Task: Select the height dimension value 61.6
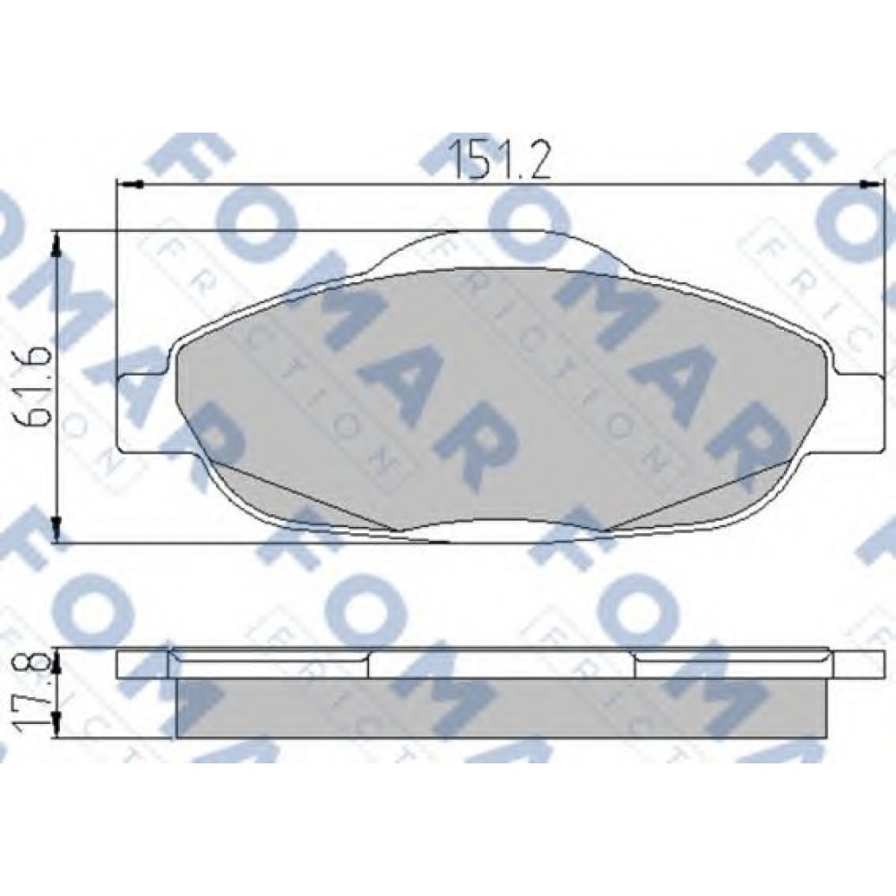pyautogui.click(x=33, y=386)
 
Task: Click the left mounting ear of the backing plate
pyautogui.click(x=142, y=413)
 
